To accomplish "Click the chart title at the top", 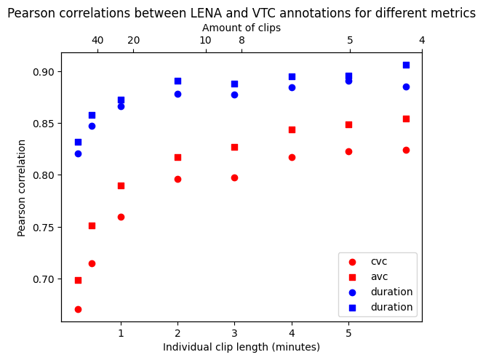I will pyautogui.click(x=242, y=13).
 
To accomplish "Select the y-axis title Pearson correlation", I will pyautogui.click(x=22, y=187).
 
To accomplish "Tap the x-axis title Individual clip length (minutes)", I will pyautogui.click(x=242, y=347).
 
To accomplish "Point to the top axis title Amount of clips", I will pyautogui.click(x=242, y=28).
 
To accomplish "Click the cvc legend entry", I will pyautogui.click(x=379, y=262).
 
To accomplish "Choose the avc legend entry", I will pyautogui.click(x=379, y=277).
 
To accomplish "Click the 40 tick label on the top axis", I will pyautogui.click(x=97, y=40).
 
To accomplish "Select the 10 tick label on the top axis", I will pyautogui.click(x=205, y=40).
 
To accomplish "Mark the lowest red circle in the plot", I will pyautogui.click(x=78, y=309).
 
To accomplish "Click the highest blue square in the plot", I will pyautogui.click(x=406, y=65).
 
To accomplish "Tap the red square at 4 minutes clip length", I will pyautogui.click(x=292, y=129).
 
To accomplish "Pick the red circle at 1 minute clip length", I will pyautogui.click(x=121, y=217).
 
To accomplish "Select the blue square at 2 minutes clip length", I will pyautogui.click(x=177, y=81).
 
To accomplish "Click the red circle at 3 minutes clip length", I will pyautogui.click(x=234, y=177).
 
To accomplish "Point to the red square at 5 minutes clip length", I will pyautogui.click(x=348, y=124).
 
